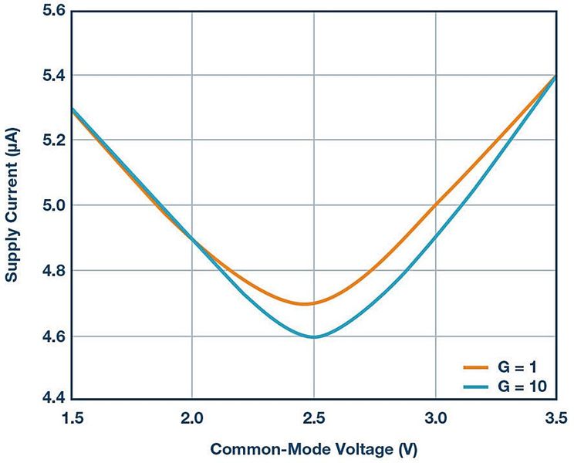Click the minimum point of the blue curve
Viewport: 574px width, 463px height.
point(314,336)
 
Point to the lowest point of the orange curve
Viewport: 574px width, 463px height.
point(306,303)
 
